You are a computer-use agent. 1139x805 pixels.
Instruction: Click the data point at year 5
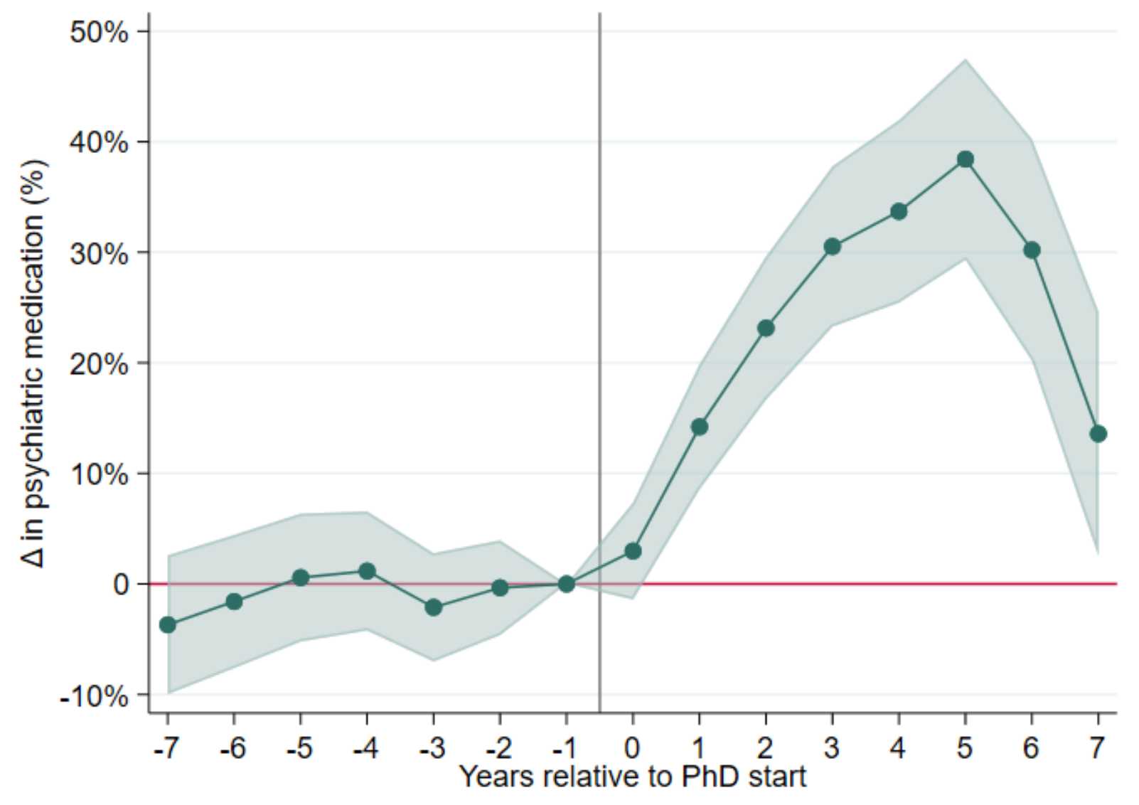[x=965, y=159]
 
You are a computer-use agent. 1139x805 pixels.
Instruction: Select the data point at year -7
[x=168, y=625]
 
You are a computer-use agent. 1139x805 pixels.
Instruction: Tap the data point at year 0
[x=633, y=551]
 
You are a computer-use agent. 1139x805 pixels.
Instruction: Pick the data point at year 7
[x=1098, y=434]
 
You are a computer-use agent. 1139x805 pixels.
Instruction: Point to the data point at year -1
[x=566, y=584]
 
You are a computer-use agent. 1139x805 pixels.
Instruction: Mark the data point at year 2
[x=766, y=328]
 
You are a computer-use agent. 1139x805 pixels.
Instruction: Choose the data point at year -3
[x=434, y=607]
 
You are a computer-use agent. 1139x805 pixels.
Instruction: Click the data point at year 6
[x=1032, y=250]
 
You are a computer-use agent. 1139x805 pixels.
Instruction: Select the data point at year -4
[x=367, y=571]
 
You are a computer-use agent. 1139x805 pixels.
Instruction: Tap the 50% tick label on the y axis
[x=99, y=32]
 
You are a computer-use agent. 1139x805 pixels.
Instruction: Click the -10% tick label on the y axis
[x=94, y=696]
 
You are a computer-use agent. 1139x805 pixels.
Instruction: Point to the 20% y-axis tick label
[x=99, y=364]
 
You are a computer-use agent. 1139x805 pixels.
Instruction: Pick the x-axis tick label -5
[x=299, y=748]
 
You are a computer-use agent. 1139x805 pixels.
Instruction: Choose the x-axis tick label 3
[x=832, y=748]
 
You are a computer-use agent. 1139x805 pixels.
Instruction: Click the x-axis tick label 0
[x=632, y=748]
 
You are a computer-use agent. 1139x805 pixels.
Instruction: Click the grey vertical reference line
[x=599, y=284]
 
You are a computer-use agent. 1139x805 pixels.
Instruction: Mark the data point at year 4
[x=899, y=211]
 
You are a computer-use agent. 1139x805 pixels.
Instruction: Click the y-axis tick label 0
[x=120, y=585]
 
